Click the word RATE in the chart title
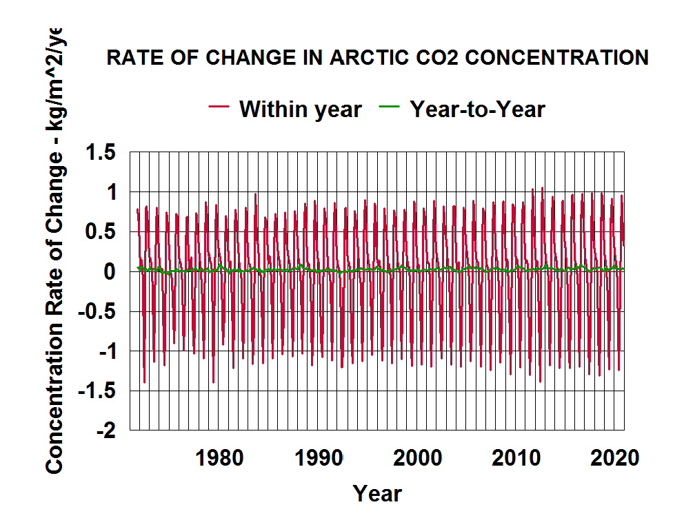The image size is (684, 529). tap(130, 58)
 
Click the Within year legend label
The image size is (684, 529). tap(301, 108)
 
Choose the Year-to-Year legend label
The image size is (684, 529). tap(477, 108)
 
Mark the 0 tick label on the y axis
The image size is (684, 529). tap(110, 271)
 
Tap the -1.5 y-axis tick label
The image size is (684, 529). tap(97, 391)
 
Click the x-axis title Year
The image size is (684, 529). tap(377, 493)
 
